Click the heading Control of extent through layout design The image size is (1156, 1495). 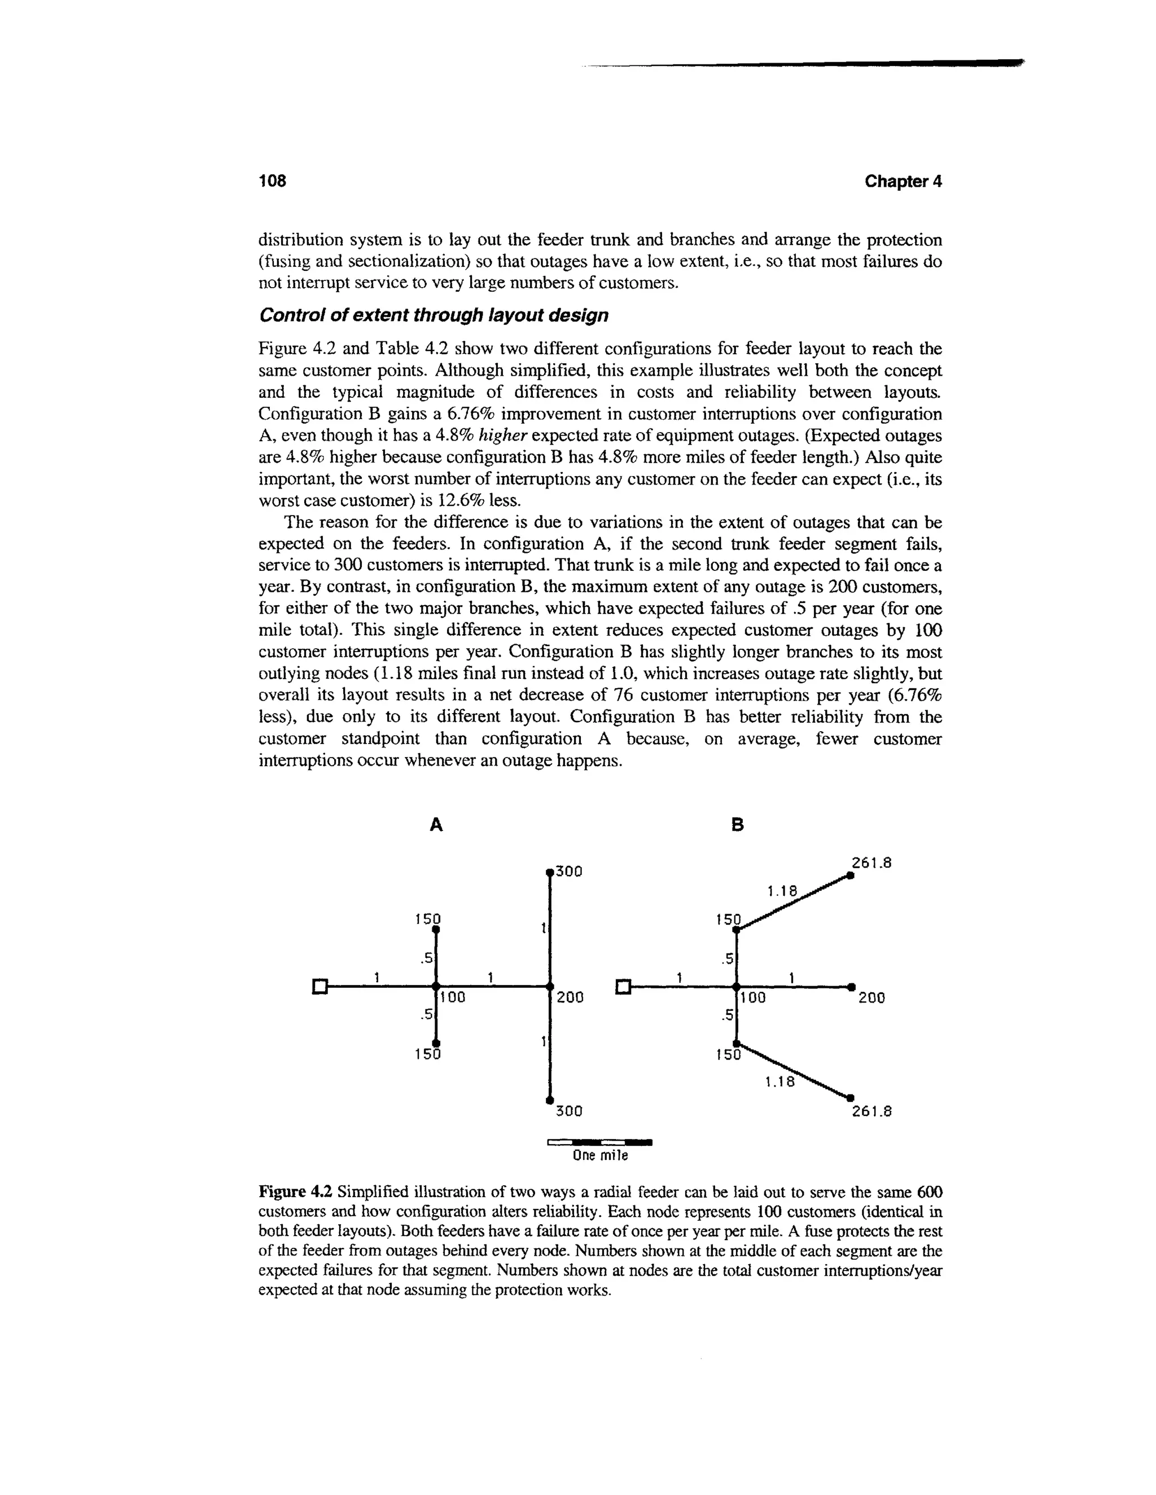point(433,315)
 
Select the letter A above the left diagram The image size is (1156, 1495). point(436,826)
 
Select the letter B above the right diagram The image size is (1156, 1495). point(738,826)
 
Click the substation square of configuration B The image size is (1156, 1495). point(623,986)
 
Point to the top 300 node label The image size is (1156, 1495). point(568,872)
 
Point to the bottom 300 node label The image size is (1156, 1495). point(568,1112)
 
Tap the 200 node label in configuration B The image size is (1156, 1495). point(872,998)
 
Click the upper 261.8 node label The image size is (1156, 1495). point(871,864)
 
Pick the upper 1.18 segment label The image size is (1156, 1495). point(782,891)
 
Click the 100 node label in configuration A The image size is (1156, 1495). point(453,998)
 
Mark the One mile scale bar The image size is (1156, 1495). point(600,1142)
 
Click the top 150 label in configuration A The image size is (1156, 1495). point(427,918)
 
